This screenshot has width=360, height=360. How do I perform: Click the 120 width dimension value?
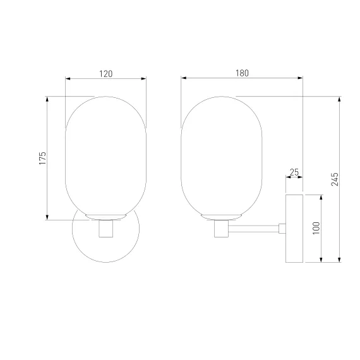(106, 74)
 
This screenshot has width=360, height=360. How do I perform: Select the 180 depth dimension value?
(243, 73)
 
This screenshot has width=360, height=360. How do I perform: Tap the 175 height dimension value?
(42, 158)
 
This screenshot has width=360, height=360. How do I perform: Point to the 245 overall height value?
(335, 179)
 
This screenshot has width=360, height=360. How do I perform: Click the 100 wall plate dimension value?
(316, 228)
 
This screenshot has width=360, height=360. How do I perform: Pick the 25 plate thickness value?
(294, 172)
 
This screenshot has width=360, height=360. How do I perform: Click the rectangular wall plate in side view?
(294, 229)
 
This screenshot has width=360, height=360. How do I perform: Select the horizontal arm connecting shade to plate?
(253, 229)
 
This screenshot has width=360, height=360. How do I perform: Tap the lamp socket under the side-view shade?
(221, 229)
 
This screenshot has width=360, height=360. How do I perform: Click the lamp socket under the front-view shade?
(106, 229)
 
